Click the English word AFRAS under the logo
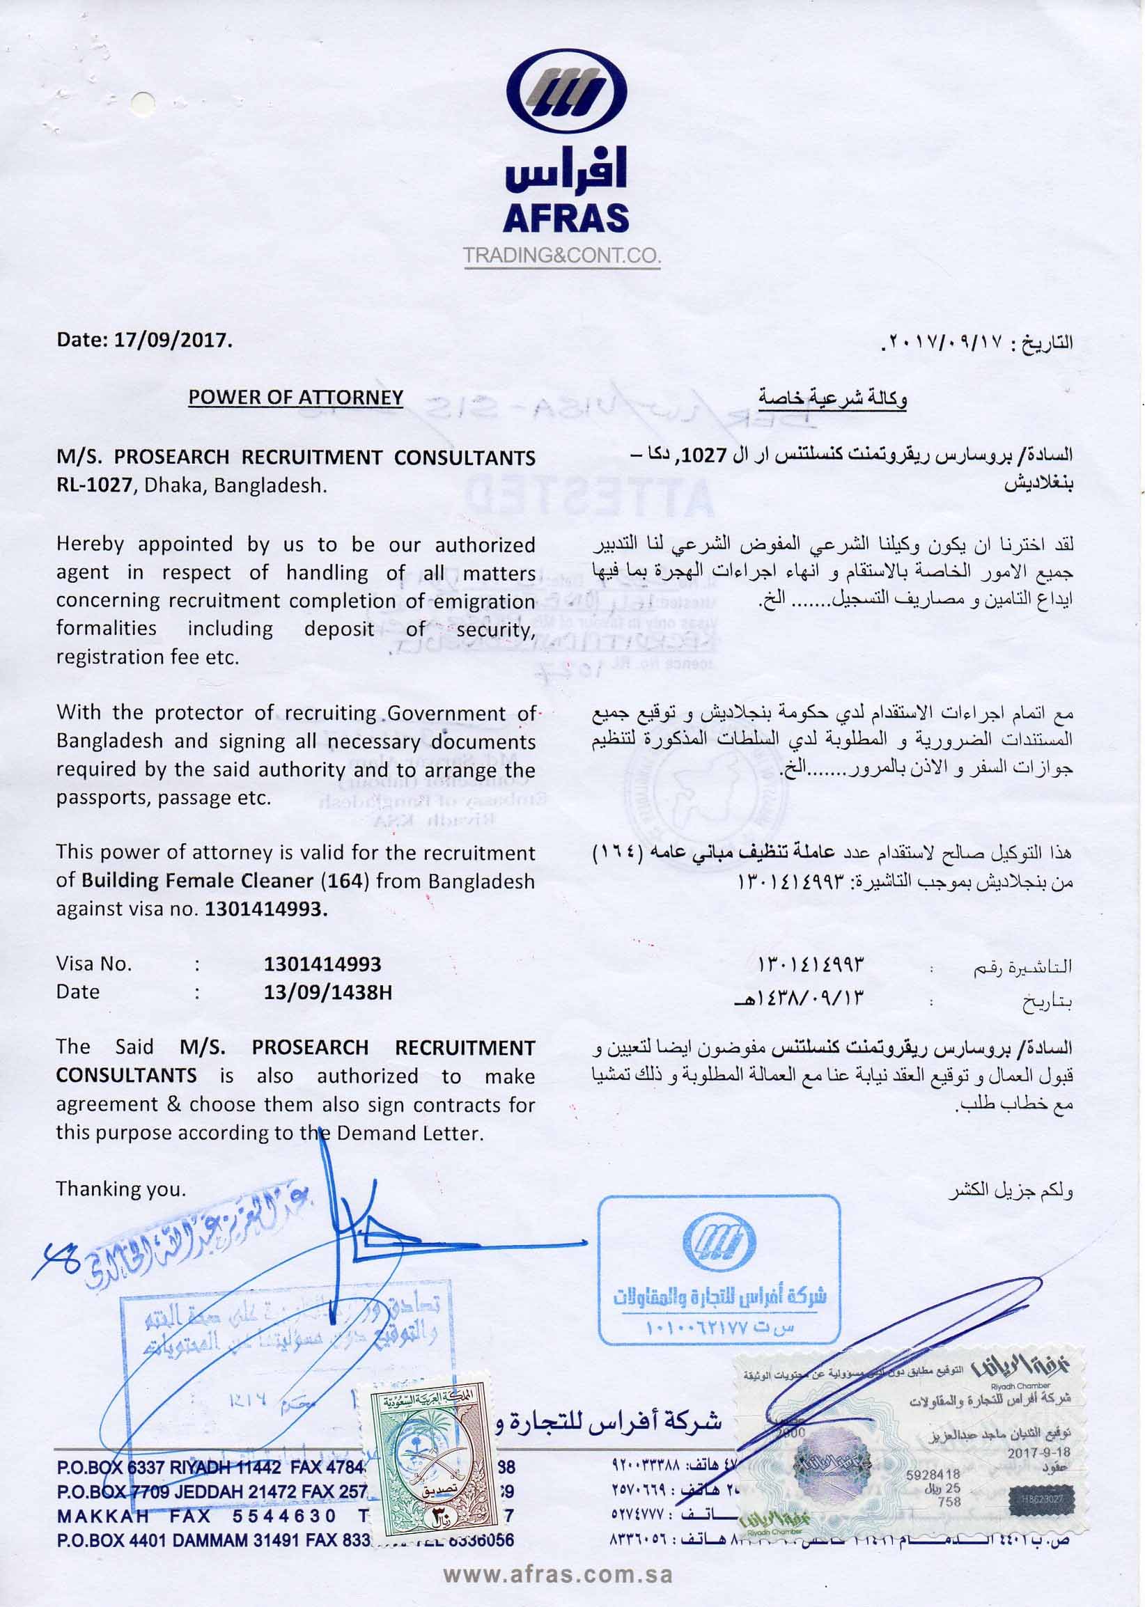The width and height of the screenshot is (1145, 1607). pyautogui.click(x=566, y=218)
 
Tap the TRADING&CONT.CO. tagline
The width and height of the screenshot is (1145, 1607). pyautogui.click(x=562, y=255)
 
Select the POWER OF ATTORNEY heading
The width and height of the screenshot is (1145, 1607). pyautogui.click(x=295, y=398)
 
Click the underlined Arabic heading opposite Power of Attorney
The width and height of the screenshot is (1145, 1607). pyautogui.click(x=833, y=398)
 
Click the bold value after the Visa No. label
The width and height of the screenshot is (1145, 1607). pyautogui.click(x=322, y=964)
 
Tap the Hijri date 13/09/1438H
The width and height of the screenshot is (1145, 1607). pyautogui.click(x=327, y=991)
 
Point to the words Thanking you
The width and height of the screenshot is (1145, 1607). pyautogui.click(x=120, y=1189)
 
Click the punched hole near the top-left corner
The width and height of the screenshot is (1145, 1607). pyautogui.click(x=145, y=104)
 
